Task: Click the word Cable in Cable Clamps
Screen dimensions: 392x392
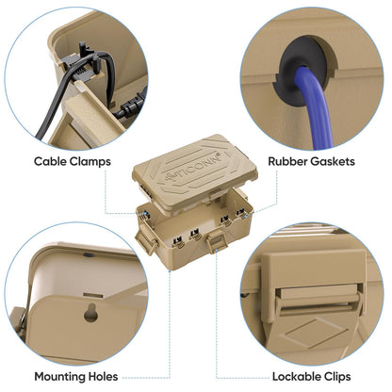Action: click(50, 161)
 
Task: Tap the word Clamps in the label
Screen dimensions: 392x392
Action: click(90, 162)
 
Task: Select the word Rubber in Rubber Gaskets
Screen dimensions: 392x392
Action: click(287, 161)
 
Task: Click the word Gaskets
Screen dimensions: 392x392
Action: click(333, 161)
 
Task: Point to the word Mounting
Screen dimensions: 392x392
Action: click(60, 377)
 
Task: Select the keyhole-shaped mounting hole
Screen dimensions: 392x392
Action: click(90, 313)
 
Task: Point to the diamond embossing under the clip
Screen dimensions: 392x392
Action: click(314, 334)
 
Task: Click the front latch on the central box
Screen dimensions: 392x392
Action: click(215, 241)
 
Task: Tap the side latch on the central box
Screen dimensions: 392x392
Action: click(146, 241)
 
